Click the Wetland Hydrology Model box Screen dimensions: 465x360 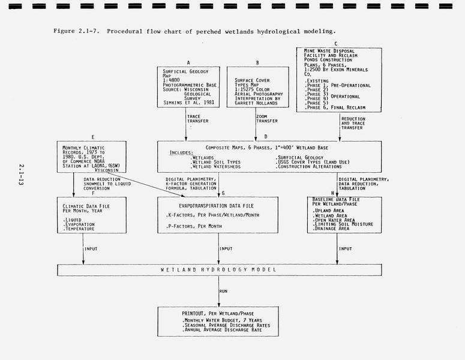[219, 270]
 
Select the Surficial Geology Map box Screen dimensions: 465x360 [188, 87]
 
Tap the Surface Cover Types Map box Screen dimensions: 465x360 [258, 87]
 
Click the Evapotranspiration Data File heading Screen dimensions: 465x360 [216, 206]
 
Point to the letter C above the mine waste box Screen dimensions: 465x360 [336, 44]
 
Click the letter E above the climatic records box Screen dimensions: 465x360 [93, 137]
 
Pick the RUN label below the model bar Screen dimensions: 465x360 [223, 291]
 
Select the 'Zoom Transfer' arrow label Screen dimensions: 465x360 [267, 119]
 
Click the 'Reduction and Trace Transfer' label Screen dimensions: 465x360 [353, 124]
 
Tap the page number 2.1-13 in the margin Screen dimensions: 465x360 [21, 175]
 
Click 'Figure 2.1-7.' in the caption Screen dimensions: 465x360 [77, 31]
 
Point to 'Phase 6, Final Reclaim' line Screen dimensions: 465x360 [335, 107]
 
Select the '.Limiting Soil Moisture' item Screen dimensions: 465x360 [343, 224]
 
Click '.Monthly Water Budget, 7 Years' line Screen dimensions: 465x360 [222, 320]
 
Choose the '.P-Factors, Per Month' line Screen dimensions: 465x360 [194, 226]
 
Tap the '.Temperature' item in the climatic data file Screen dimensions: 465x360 [79, 229]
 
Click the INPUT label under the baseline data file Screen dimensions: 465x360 [345, 249]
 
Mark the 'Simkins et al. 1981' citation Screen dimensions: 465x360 [188, 103]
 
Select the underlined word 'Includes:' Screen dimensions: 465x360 [181, 153]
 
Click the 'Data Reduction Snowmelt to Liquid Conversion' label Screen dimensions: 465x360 [107, 184]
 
